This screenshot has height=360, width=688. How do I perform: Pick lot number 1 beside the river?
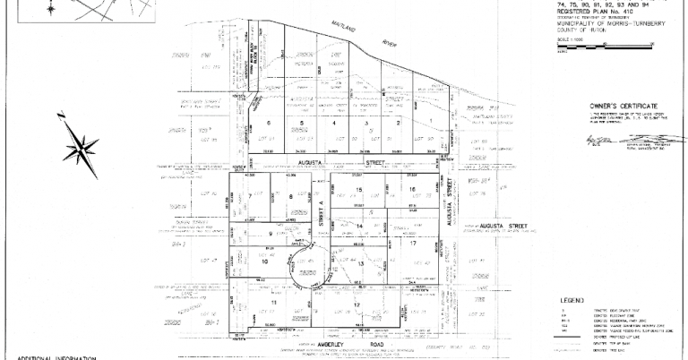point(431,122)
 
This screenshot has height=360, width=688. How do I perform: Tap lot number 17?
point(413,244)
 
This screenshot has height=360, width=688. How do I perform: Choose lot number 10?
point(264,261)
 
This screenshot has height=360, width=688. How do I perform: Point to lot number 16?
point(413,190)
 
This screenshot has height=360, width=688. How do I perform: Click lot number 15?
point(359,191)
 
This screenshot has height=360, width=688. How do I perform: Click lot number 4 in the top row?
point(334,123)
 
